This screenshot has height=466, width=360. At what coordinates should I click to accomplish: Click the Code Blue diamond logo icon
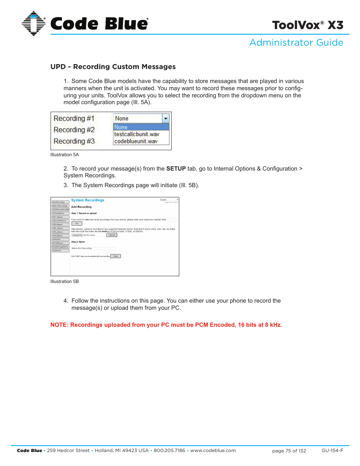pos(33,23)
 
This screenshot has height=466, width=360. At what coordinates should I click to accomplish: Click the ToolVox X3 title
pos(308,25)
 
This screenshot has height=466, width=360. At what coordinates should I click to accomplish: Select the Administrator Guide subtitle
pos(296,43)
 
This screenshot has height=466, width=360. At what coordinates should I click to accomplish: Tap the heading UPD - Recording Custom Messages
pos(113,67)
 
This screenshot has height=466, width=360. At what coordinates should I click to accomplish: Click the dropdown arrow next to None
pos(165,118)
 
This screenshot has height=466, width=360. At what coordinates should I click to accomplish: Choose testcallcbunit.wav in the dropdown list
pos(137,134)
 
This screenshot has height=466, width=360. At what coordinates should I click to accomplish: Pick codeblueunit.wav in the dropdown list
pos(136,141)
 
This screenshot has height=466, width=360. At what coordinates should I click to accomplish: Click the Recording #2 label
pos(74,130)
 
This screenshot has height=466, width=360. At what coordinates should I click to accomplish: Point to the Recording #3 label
pos(74,141)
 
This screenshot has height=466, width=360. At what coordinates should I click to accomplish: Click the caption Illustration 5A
pos(65,155)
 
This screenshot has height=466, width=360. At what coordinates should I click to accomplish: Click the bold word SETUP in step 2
pos(176,169)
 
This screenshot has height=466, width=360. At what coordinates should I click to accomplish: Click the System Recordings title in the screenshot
pos(88,200)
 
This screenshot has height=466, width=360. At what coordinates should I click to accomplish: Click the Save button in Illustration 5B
pos(115,256)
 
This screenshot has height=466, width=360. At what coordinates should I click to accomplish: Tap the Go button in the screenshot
pos(77,223)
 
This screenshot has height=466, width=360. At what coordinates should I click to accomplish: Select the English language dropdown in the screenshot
pos(169,200)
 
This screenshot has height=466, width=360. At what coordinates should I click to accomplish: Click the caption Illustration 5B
pos(65,281)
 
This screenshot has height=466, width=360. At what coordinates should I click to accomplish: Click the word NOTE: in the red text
pos(59,325)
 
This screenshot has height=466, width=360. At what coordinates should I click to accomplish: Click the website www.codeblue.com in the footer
pos(213,451)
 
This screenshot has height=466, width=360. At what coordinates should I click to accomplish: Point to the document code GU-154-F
pos(332,451)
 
